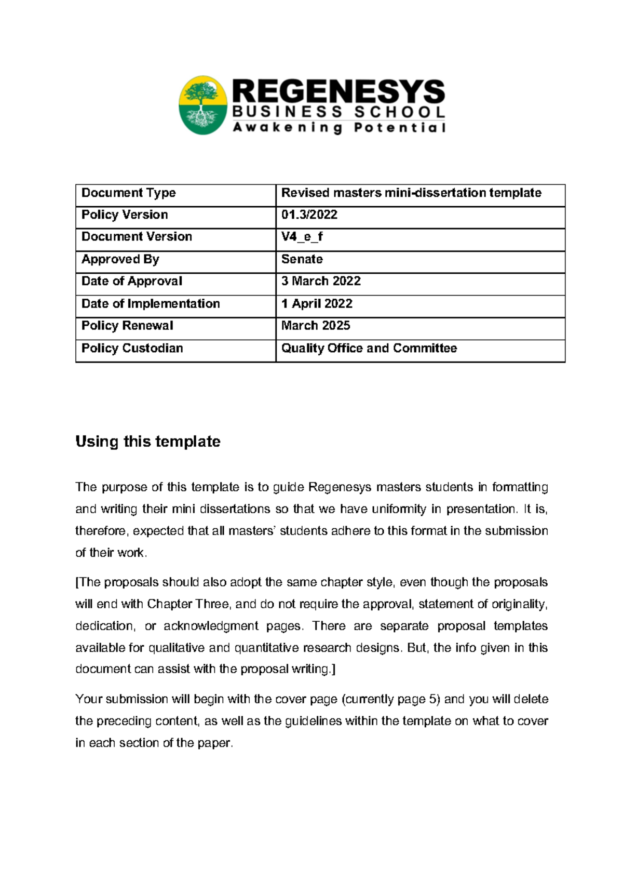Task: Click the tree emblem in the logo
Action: pos(203,105)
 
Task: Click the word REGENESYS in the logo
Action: pos(338,92)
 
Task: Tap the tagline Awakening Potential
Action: pos(338,128)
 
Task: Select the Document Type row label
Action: pos(129,193)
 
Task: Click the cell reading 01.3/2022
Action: pos(309,215)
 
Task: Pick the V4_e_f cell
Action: pos(302,237)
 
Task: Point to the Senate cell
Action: pos(302,259)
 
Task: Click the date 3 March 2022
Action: pos(321,281)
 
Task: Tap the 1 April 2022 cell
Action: pos(317,304)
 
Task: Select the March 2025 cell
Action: pos(316,326)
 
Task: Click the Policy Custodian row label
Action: pos(132,348)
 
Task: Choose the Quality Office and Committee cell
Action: pos(369,348)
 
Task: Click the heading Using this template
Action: pos(148,442)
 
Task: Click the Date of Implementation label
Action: pos(151,304)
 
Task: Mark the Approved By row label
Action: pos(120,259)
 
